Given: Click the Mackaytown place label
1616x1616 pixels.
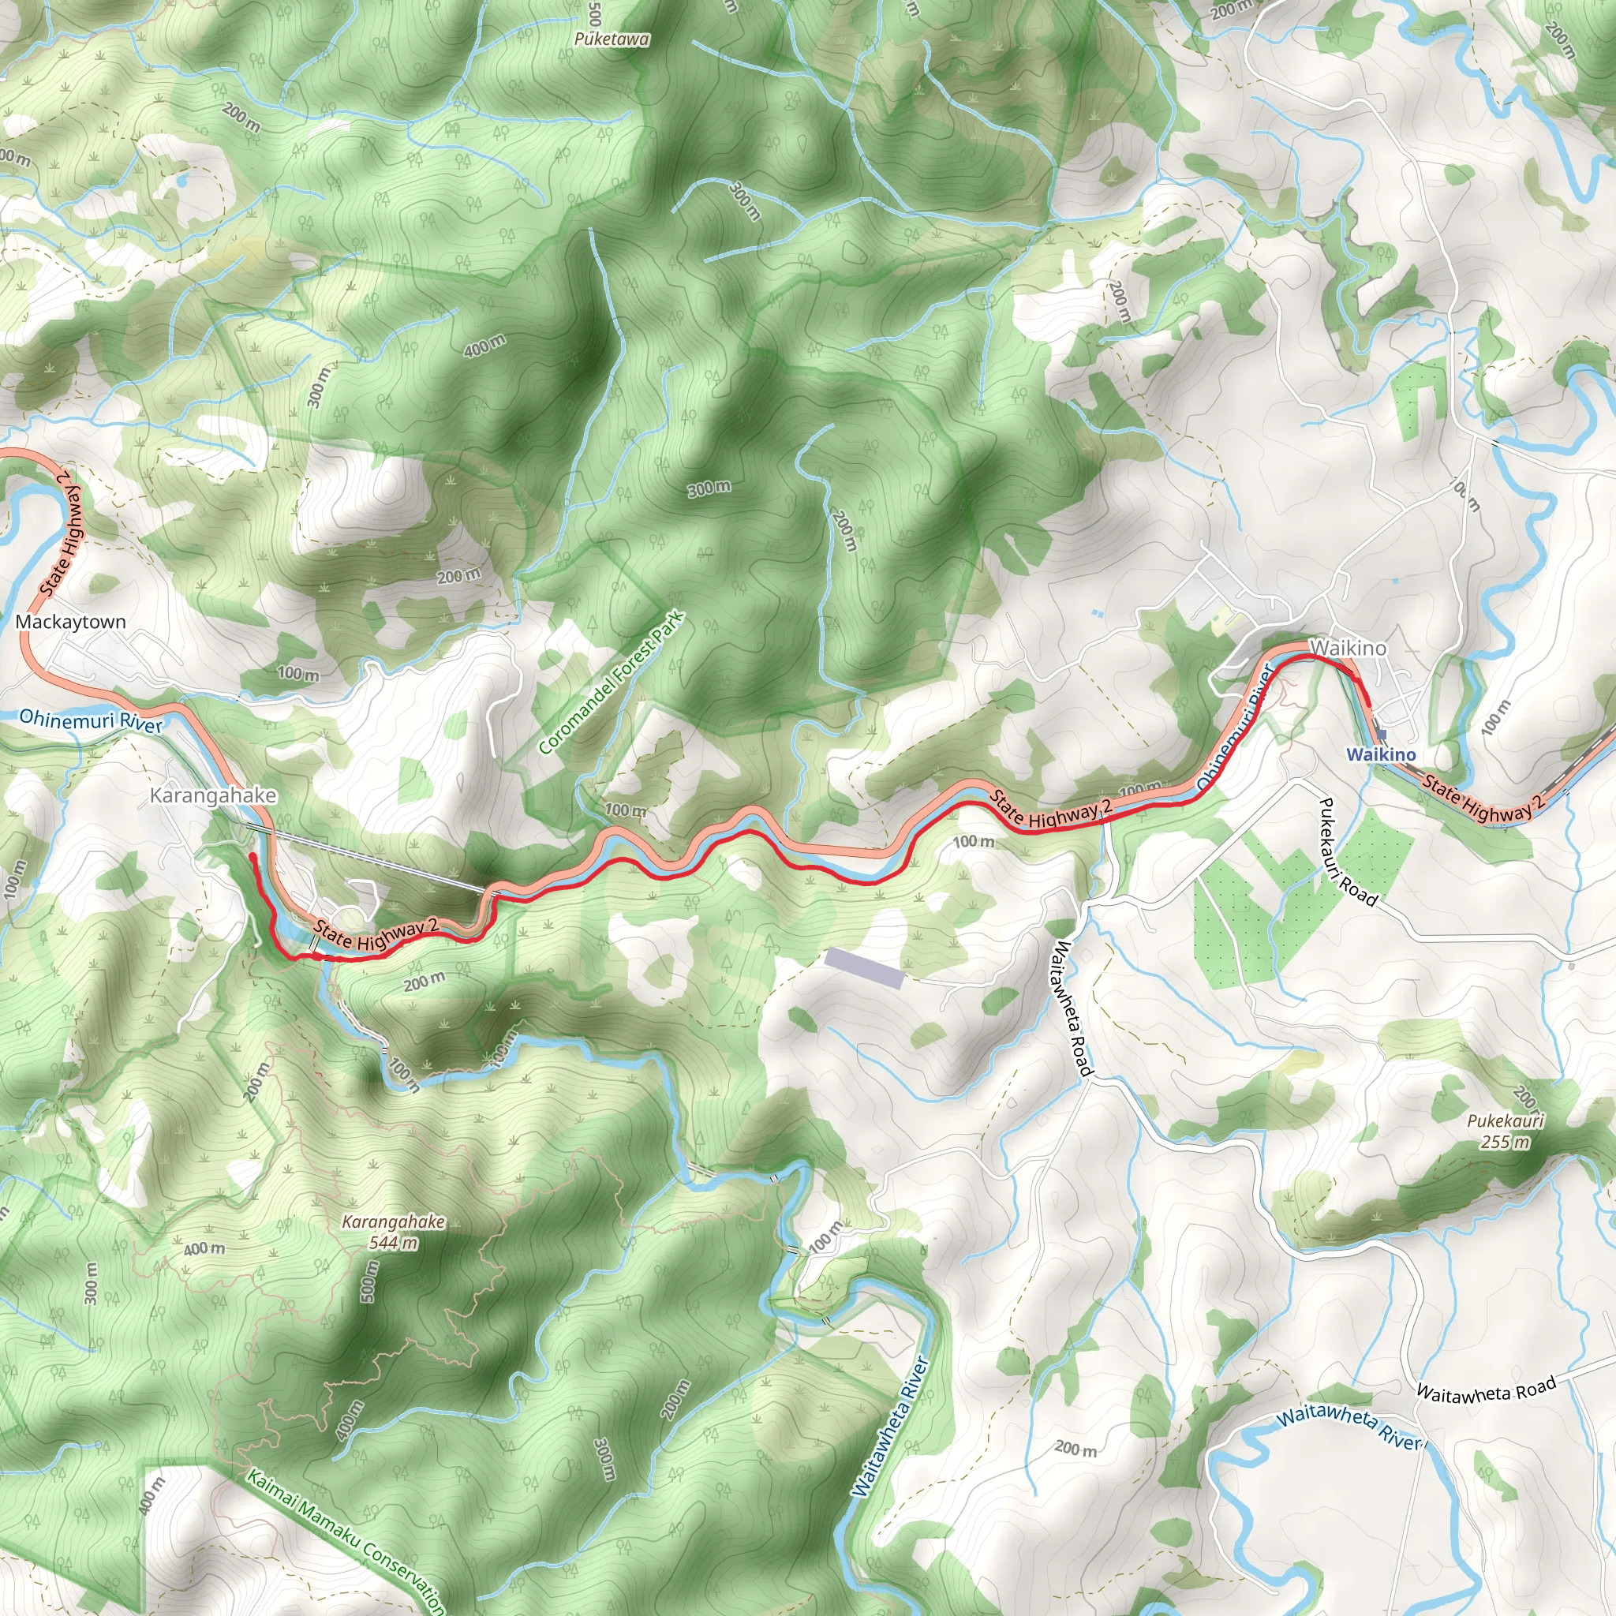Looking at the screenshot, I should pyautogui.click(x=70, y=622).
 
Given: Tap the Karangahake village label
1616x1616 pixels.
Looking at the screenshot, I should pyautogui.click(x=212, y=795).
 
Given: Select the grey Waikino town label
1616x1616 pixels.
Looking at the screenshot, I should pyautogui.click(x=1348, y=647).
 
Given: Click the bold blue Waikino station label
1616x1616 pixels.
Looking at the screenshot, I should pyautogui.click(x=1381, y=754).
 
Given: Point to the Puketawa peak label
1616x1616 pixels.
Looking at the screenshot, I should pyautogui.click(x=612, y=39).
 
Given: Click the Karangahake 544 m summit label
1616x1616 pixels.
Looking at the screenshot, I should pyautogui.click(x=393, y=1231).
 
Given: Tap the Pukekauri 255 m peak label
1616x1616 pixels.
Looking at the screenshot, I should pyautogui.click(x=1505, y=1131).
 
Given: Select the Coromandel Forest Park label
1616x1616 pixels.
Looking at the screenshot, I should pyautogui.click(x=612, y=683).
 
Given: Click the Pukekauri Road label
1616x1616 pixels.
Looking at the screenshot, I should pyautogui.click(x=1346, y=851).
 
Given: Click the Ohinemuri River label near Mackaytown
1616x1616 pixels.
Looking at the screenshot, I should pyautogui.click(x=90, y=720).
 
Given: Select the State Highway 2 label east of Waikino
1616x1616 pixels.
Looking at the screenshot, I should pyautogui.click(x=1482, y=798).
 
